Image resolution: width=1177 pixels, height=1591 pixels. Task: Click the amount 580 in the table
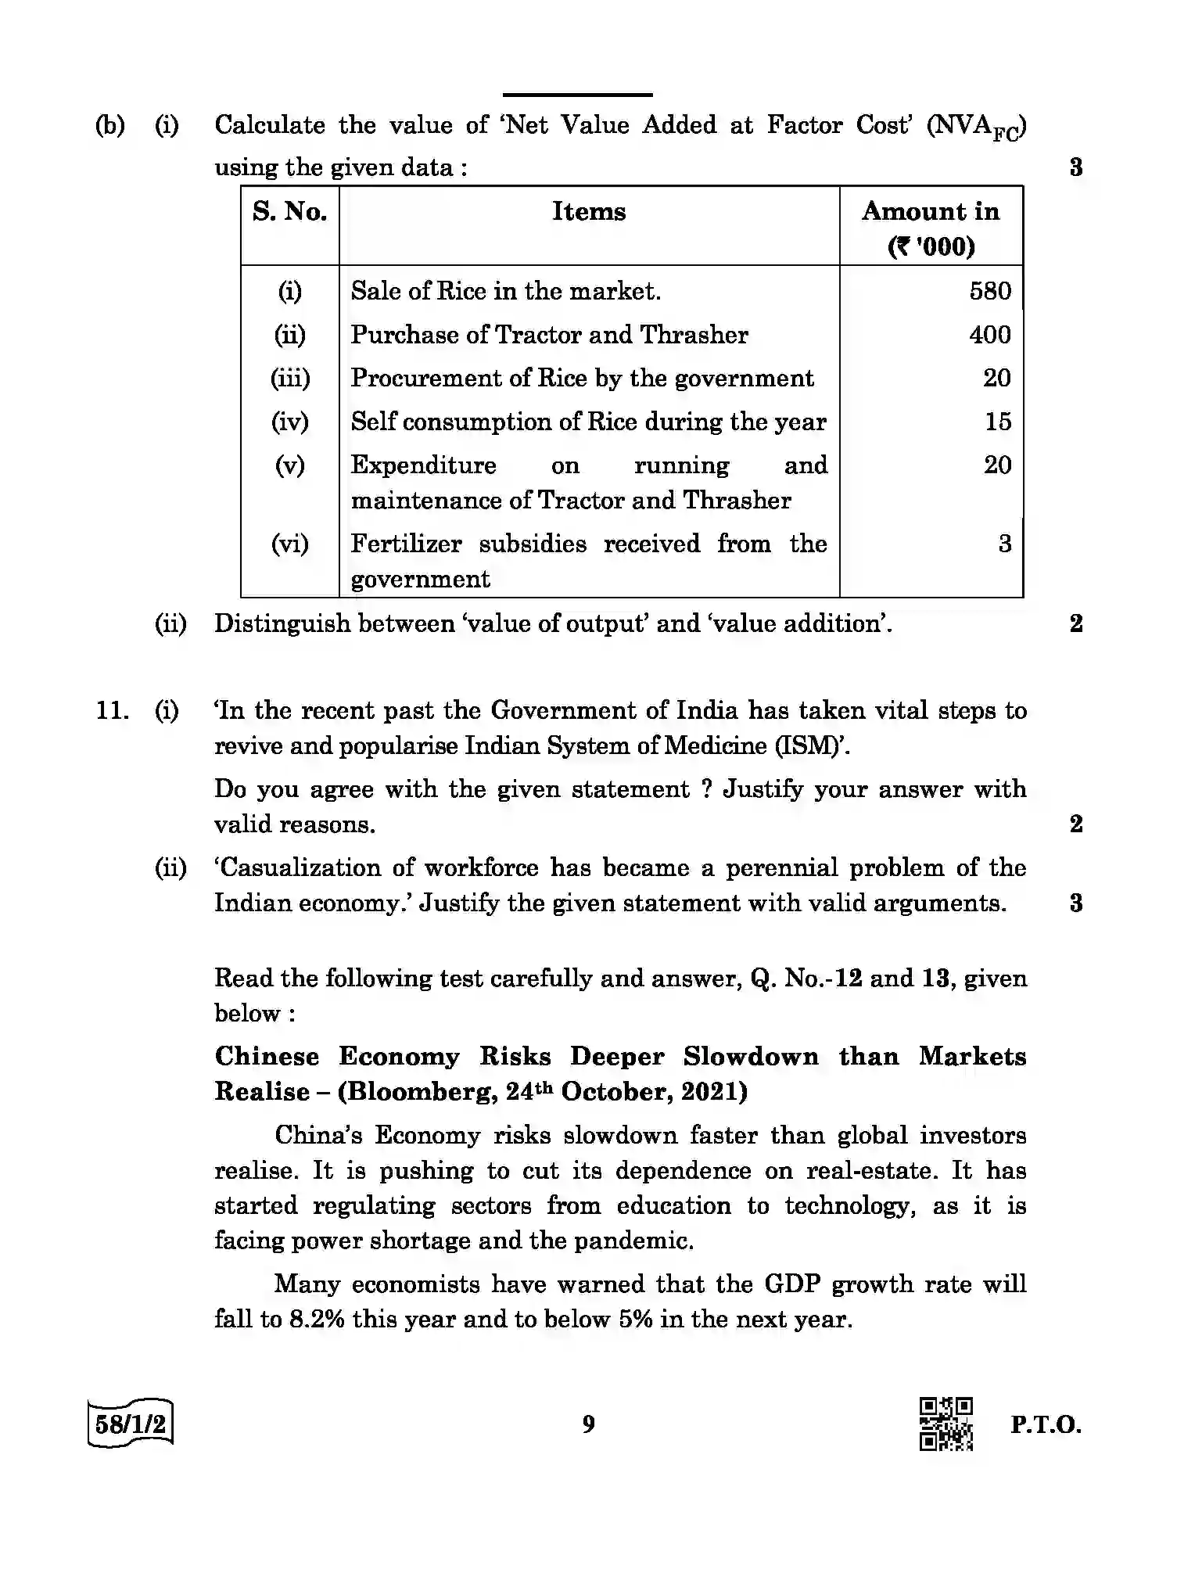[989, 291]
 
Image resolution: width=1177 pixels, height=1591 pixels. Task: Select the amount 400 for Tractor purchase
[989, 335]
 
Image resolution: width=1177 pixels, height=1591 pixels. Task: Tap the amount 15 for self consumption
[997, 422]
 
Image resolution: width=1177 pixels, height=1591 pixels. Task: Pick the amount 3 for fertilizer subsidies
[1004, 544]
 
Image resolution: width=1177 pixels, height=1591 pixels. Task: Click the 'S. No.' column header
[289, 212]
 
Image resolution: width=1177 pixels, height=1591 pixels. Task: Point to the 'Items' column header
[589, 212]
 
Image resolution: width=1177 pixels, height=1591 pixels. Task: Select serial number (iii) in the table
[289, 379]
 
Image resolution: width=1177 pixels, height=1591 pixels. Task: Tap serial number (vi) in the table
[289, 544]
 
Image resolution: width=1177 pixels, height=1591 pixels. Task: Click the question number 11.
[111, 711]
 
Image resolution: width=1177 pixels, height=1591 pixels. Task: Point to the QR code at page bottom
[946, 1424]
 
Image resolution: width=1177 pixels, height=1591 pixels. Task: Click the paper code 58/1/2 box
[131, 1424]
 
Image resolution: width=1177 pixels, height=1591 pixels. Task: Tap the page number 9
[588, 1424]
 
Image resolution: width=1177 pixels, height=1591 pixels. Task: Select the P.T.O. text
[1045, 1424]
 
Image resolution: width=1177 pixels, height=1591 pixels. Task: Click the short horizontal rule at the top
[577, 95]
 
